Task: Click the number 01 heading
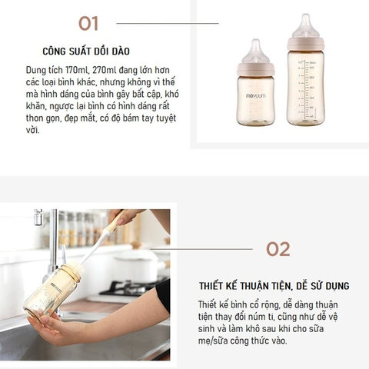tap(88, 24)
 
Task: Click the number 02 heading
tap(278, 249)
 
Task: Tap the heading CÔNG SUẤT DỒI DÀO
tap(86, 52)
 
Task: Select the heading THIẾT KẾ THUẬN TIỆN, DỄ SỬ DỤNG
tap(274, 286)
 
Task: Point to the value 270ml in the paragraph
tap(104, 70)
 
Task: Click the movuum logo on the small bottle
tap(255, 96)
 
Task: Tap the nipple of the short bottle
tap(255, 51)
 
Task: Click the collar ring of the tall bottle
tap(306, 44)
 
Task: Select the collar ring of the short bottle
tap(256, 69)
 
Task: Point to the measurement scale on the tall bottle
tap(306, 90)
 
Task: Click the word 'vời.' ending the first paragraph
tap(33, 130)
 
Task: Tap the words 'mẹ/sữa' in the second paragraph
tap(213, 341)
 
